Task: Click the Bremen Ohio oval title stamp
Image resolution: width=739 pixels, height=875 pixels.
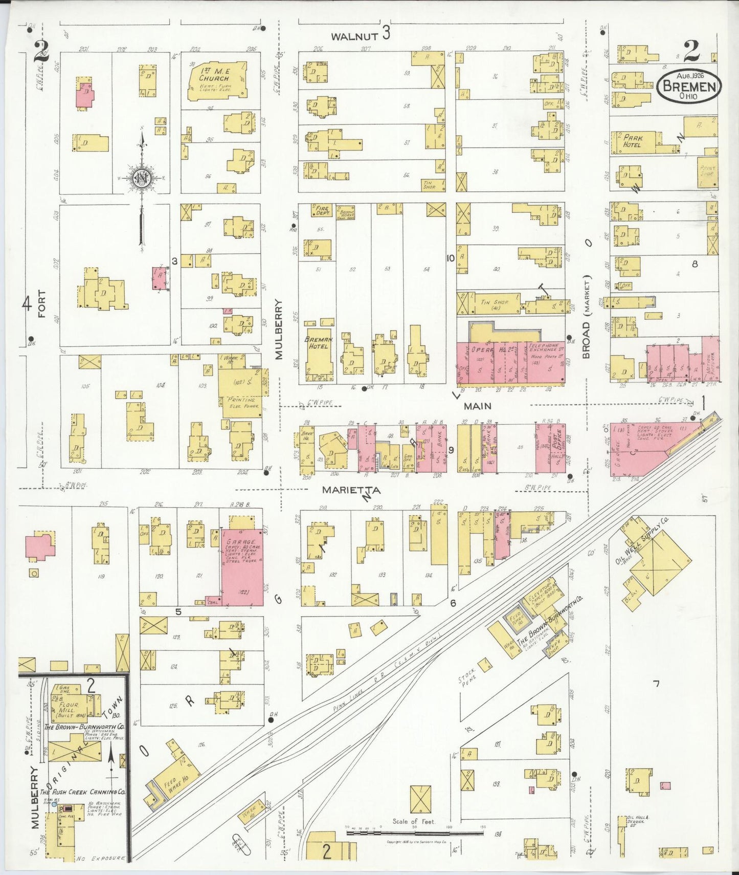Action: [689, 85]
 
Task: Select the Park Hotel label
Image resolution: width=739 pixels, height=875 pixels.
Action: [632, 141]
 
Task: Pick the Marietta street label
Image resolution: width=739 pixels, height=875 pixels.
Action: [351, 490]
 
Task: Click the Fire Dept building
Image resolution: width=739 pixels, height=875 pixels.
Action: [322, 210]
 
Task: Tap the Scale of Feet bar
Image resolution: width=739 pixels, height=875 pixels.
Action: [414, 833]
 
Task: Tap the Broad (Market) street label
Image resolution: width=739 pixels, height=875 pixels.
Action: [586, 317]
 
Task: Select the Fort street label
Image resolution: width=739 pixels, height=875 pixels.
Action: [41, 304]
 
